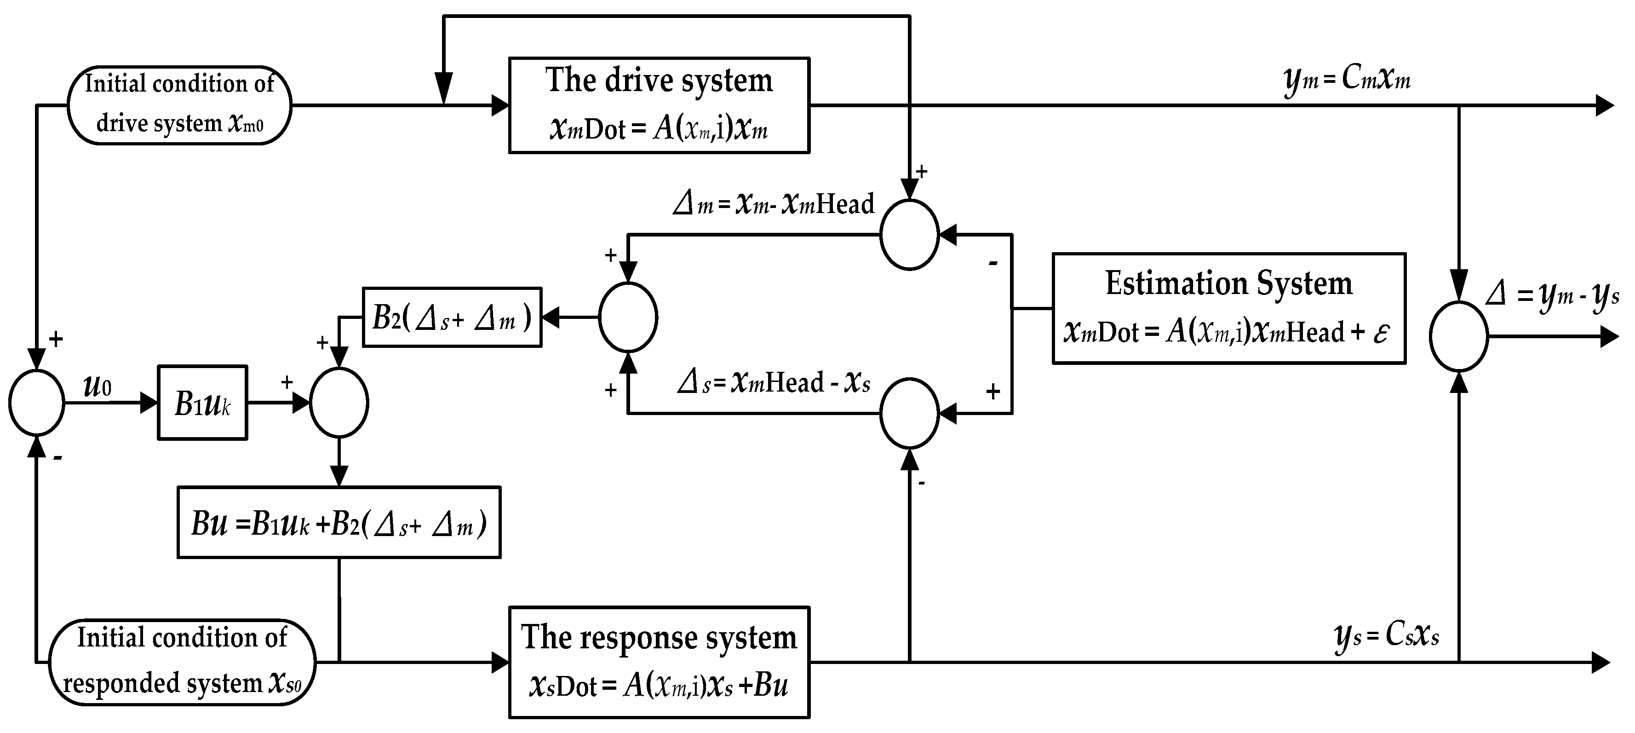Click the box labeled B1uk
tap(202, 403)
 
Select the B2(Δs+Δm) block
tap(451, 317)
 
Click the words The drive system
tap(659, 81)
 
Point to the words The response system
tap(659, 637)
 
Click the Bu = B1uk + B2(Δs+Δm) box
tap(338, 523)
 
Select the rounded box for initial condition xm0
tap(179, 105)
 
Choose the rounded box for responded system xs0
tap(182, 662)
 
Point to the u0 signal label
tap(97, 385)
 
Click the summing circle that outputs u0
tap(37, 403)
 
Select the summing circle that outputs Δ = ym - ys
tap(1458, 336)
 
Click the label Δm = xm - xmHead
tap(773, 204)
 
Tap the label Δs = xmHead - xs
tap(773, 383)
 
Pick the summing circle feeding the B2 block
tap(628, 317)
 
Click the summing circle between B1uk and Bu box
tap(338, 403)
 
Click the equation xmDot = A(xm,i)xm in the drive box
tap(659, 129)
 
